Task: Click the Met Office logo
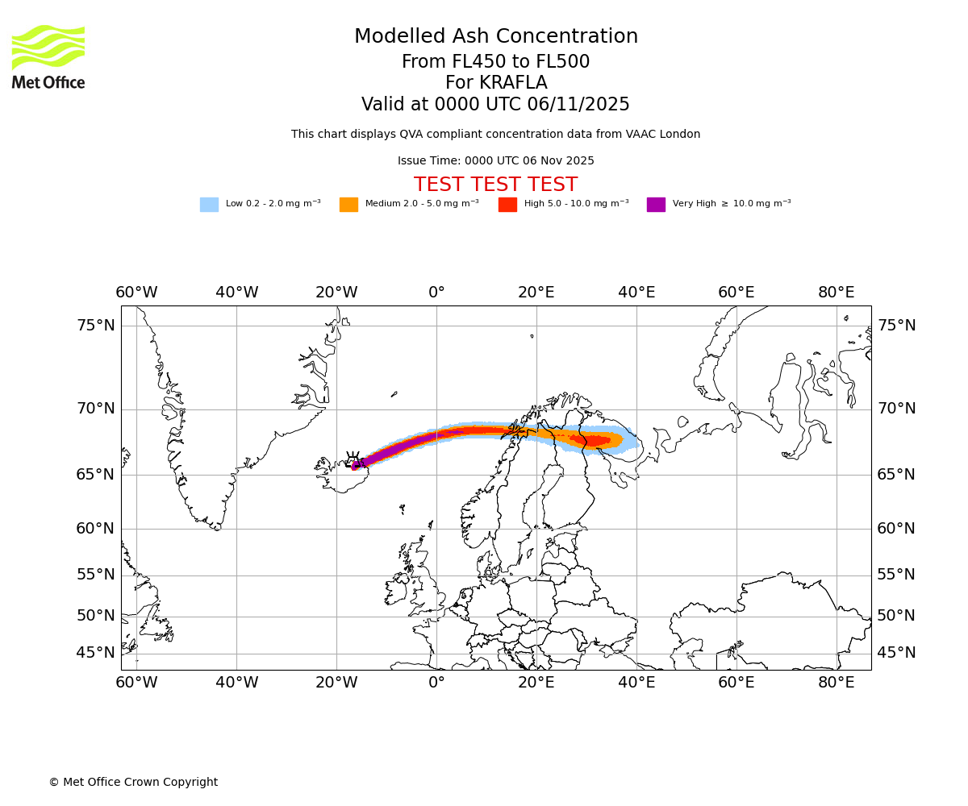(48, 56)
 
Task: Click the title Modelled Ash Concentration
(496, 37)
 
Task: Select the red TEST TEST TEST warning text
(495, 185)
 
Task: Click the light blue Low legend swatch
(209, 205)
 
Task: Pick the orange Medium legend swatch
(348, 205)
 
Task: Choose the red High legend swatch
(507, 205)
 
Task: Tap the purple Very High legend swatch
(656, 205)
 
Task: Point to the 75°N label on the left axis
(96, 326)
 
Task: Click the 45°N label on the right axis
(896, 653)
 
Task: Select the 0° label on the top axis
(436, 292)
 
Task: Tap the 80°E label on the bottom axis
(837, 683)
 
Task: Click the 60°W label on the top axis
(136, 292)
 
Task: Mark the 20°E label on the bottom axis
(536, 683)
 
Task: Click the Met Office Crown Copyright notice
(133, 782)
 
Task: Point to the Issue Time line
(495, 161)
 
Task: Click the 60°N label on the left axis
(96, 529)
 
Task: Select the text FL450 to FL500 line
(496, 62)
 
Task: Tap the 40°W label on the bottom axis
(236, 683)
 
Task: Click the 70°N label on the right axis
(896, 409)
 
